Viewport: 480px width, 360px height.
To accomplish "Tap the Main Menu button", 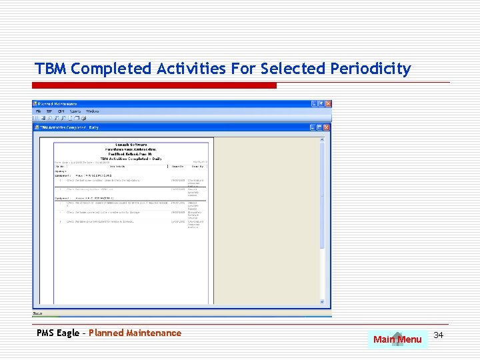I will click(x=397, y=339).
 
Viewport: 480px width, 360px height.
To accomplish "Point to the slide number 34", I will click(x=438, y=335).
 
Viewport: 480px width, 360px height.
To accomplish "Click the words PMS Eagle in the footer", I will click(x=59, y=333).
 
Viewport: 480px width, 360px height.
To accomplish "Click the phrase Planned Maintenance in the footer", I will click(x=135, y=333).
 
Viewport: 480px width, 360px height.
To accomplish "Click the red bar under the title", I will click(x=155, y=85).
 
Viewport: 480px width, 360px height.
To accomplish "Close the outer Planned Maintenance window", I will click(x=327, y=104).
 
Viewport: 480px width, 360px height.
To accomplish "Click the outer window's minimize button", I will click(x=313, y=104).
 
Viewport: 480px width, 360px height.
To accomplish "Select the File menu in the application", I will click(x=39, y=111).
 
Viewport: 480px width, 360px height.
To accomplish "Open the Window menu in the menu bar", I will click(x=93, y=111).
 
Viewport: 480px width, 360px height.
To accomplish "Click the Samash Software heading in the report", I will click(x=131, y=144).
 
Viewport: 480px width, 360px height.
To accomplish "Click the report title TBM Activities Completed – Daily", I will click(x=131, y=159).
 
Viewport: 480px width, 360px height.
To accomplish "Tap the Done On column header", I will click(x=177, y=166).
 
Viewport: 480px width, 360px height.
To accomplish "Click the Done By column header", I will click(x=197, y=166).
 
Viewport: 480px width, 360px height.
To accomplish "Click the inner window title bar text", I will click(x=70, y=127).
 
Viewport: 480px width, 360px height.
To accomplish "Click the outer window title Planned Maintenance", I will click(x=58, y=104).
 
